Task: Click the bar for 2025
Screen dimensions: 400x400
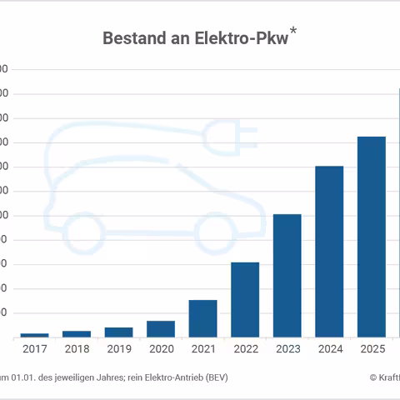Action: tap(371, 237)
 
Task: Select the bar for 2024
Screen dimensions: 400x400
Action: tap(329, 252)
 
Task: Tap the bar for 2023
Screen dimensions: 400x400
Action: tap(287, 276)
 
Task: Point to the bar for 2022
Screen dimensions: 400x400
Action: tap(245, 300)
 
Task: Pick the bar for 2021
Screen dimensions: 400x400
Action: tap(202, 318)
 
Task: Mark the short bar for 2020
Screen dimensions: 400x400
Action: tap(161, 329)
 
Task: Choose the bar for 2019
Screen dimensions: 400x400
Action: tap(118, 332)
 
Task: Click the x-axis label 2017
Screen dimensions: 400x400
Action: tap(35, 349)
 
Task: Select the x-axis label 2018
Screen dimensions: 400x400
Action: tap(77, 349)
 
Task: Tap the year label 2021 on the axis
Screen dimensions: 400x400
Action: tap(202, 349)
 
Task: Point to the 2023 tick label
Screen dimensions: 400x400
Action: tap(287, 349)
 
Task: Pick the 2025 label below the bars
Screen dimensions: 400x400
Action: tap(371, 349)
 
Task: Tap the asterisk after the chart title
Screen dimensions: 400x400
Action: tap(293, 32)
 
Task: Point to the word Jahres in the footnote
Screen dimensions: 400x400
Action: tap(99, 377)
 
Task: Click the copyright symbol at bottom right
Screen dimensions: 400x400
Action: tap(373, 377)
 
